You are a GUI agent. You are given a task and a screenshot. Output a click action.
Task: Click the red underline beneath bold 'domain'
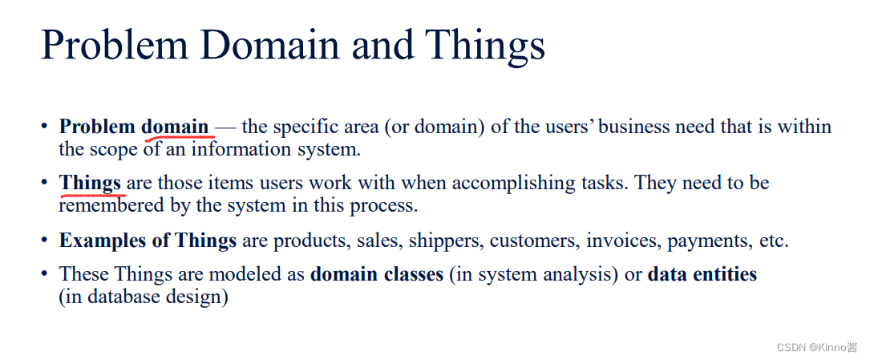(x=177, y=137)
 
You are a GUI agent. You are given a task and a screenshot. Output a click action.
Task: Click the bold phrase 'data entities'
(x=702, y=274)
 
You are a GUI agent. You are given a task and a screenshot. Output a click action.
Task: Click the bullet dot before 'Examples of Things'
(x=45, y=241)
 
